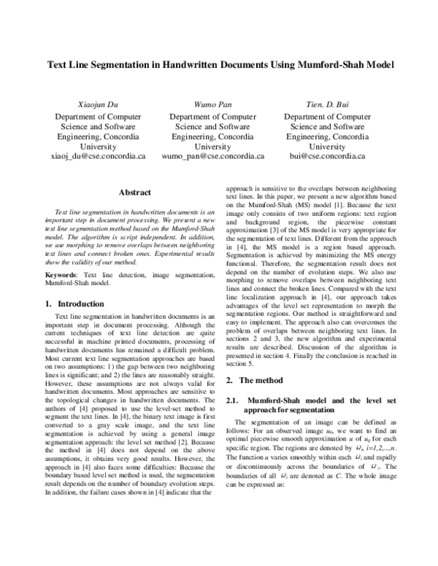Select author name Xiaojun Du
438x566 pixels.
[x=98, y=104]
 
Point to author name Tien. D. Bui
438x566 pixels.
[x=328, y=104]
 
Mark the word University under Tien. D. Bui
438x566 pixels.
[x=328, y=146]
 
